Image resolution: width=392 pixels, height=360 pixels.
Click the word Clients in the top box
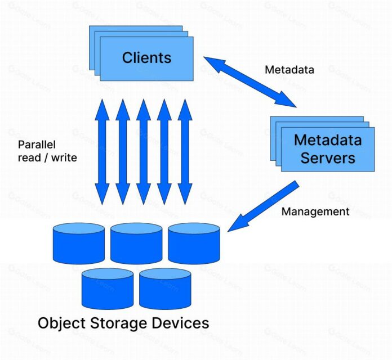[146, 57]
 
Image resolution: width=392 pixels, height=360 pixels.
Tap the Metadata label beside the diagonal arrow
[289, 70]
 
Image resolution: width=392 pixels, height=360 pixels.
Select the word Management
[315, 211]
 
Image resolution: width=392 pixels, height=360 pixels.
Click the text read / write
[47, 158]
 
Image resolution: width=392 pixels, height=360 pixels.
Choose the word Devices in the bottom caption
[183, 323]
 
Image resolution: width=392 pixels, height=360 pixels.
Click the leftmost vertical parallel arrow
[102, 152]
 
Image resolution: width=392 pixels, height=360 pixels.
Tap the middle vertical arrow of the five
[144, 152]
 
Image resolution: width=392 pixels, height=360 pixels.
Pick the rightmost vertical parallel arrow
[185, 152]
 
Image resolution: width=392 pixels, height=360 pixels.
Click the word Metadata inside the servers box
[328, 139]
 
